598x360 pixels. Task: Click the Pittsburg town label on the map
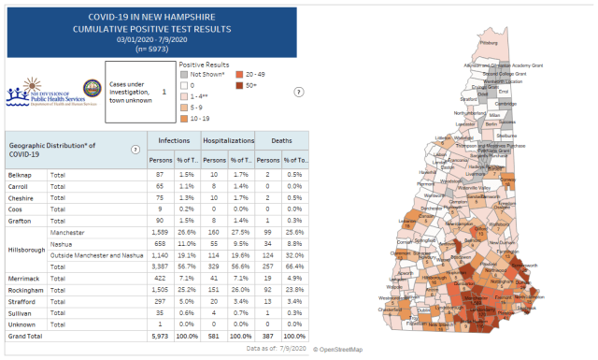pos(488,42)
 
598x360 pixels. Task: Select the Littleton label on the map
pos(442,138)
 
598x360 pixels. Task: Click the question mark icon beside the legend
pos(299,92)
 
